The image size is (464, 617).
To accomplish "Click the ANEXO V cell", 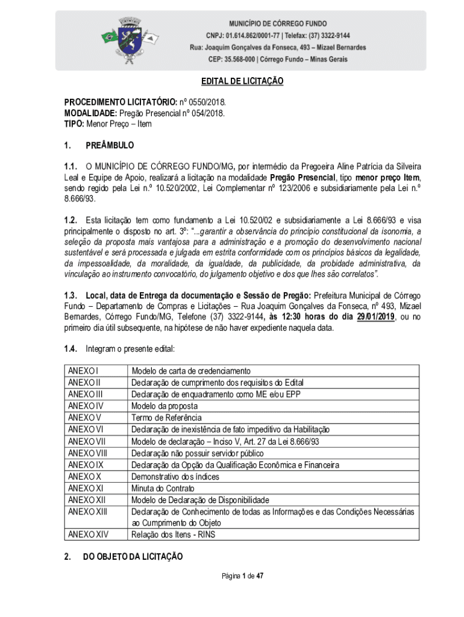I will (84, 418).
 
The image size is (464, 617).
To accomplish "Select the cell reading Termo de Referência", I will (166, 418).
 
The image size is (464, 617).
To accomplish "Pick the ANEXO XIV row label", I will (88, 534).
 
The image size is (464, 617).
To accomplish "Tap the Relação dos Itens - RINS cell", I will (174, 534).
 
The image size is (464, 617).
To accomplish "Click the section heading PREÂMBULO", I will (110, 146).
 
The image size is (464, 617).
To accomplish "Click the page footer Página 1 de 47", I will (243, 576).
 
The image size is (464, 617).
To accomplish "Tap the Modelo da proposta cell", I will (165, 406).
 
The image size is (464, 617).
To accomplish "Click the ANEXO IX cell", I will (86, 465).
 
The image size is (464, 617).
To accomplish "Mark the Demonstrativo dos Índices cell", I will (175, 477).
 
